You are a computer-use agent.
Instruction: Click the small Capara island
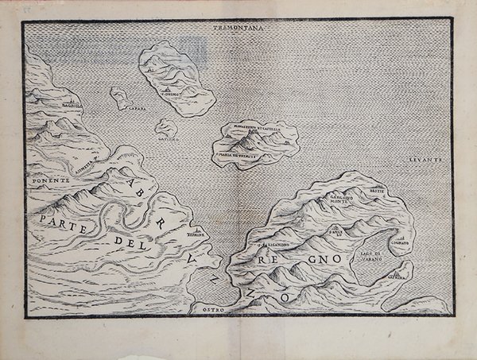pos(121,99)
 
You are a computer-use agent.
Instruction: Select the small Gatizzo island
pos(165,127)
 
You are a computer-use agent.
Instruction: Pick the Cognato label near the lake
pos(402,245)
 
